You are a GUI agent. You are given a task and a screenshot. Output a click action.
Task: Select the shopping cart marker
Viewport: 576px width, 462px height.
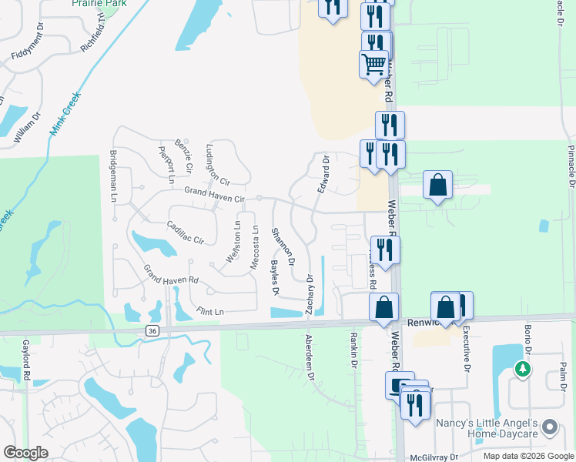pyautogui.click(x=373, y=63)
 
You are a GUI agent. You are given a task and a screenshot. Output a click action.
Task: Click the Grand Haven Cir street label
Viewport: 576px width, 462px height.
pyautogui.click(x=214, y=196)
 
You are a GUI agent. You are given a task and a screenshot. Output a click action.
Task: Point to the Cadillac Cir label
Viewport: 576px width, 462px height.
pyautogui.click(x=184, y=233)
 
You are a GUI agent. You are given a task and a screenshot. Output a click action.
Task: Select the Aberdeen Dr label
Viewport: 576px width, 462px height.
pyautogui.click(x=310, y=357)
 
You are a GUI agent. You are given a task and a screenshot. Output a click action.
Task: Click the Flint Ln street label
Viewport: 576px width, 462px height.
pyautogui.click(x=209, y=312)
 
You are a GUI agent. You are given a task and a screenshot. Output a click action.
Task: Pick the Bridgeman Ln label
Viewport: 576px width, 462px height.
pyautogui.click(x=113, y=176)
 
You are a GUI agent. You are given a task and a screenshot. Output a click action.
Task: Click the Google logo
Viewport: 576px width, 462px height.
pyautogui.click(x=26, y=453)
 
